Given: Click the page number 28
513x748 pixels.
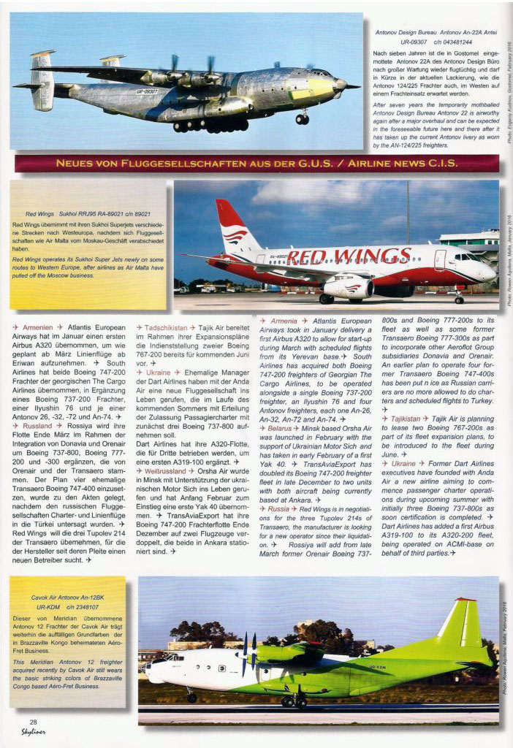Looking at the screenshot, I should tap(34, 722).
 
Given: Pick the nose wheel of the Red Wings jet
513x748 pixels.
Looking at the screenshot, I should tap(459, 298).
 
